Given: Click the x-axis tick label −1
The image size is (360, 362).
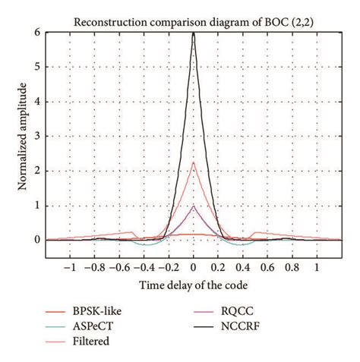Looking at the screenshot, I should pos(69,268).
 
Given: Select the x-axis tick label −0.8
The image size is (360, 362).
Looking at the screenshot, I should pos(94,268).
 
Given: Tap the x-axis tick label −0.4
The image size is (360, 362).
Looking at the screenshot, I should pos(144,268).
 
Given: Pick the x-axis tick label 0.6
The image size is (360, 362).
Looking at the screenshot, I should pos(269,268).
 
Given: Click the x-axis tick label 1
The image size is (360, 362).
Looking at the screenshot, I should pos(318,268).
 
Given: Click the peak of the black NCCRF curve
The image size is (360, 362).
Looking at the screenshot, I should pos(194,33).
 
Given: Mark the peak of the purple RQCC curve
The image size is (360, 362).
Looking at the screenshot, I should pos(194,206).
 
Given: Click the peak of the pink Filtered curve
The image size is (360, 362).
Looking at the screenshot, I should pos(194,162).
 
